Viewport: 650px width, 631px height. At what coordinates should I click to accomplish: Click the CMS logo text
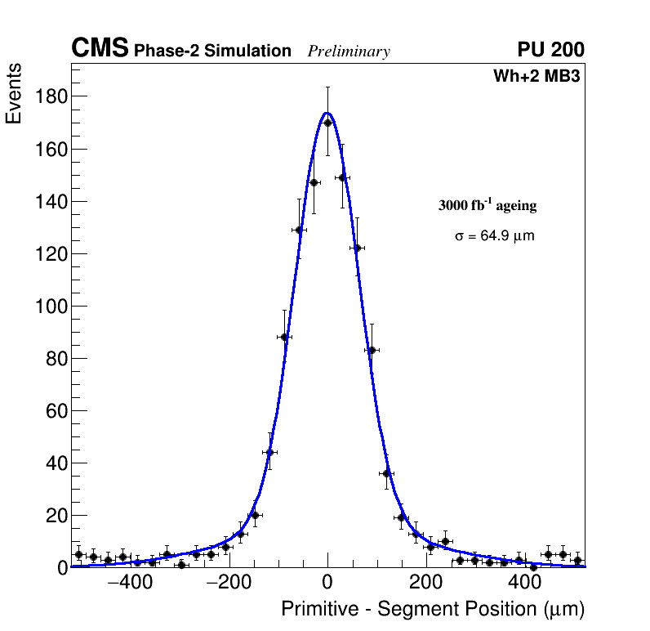(100, 49)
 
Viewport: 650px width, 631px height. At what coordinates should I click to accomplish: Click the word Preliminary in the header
(349, 51)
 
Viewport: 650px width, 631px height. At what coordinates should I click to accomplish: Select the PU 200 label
(550, 50)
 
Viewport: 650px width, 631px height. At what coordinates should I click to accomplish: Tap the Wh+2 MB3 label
(536, 77)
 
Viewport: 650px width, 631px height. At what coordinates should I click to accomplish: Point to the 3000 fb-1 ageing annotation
(487, 205)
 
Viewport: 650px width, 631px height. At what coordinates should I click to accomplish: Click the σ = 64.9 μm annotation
(494, 236)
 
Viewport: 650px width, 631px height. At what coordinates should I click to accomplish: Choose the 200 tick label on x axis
(425, 583)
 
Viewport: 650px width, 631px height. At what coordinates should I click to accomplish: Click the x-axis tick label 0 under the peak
(327, 583)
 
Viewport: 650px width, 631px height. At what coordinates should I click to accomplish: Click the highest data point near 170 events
(327, 123)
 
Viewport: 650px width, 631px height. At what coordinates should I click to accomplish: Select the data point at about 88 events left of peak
(284, 337)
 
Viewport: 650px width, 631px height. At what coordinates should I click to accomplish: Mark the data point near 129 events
(299, 230)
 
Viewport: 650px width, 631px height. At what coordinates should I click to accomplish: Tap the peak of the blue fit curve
(327, 113)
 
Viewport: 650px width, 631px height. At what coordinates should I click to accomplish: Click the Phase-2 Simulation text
(212, 51)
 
